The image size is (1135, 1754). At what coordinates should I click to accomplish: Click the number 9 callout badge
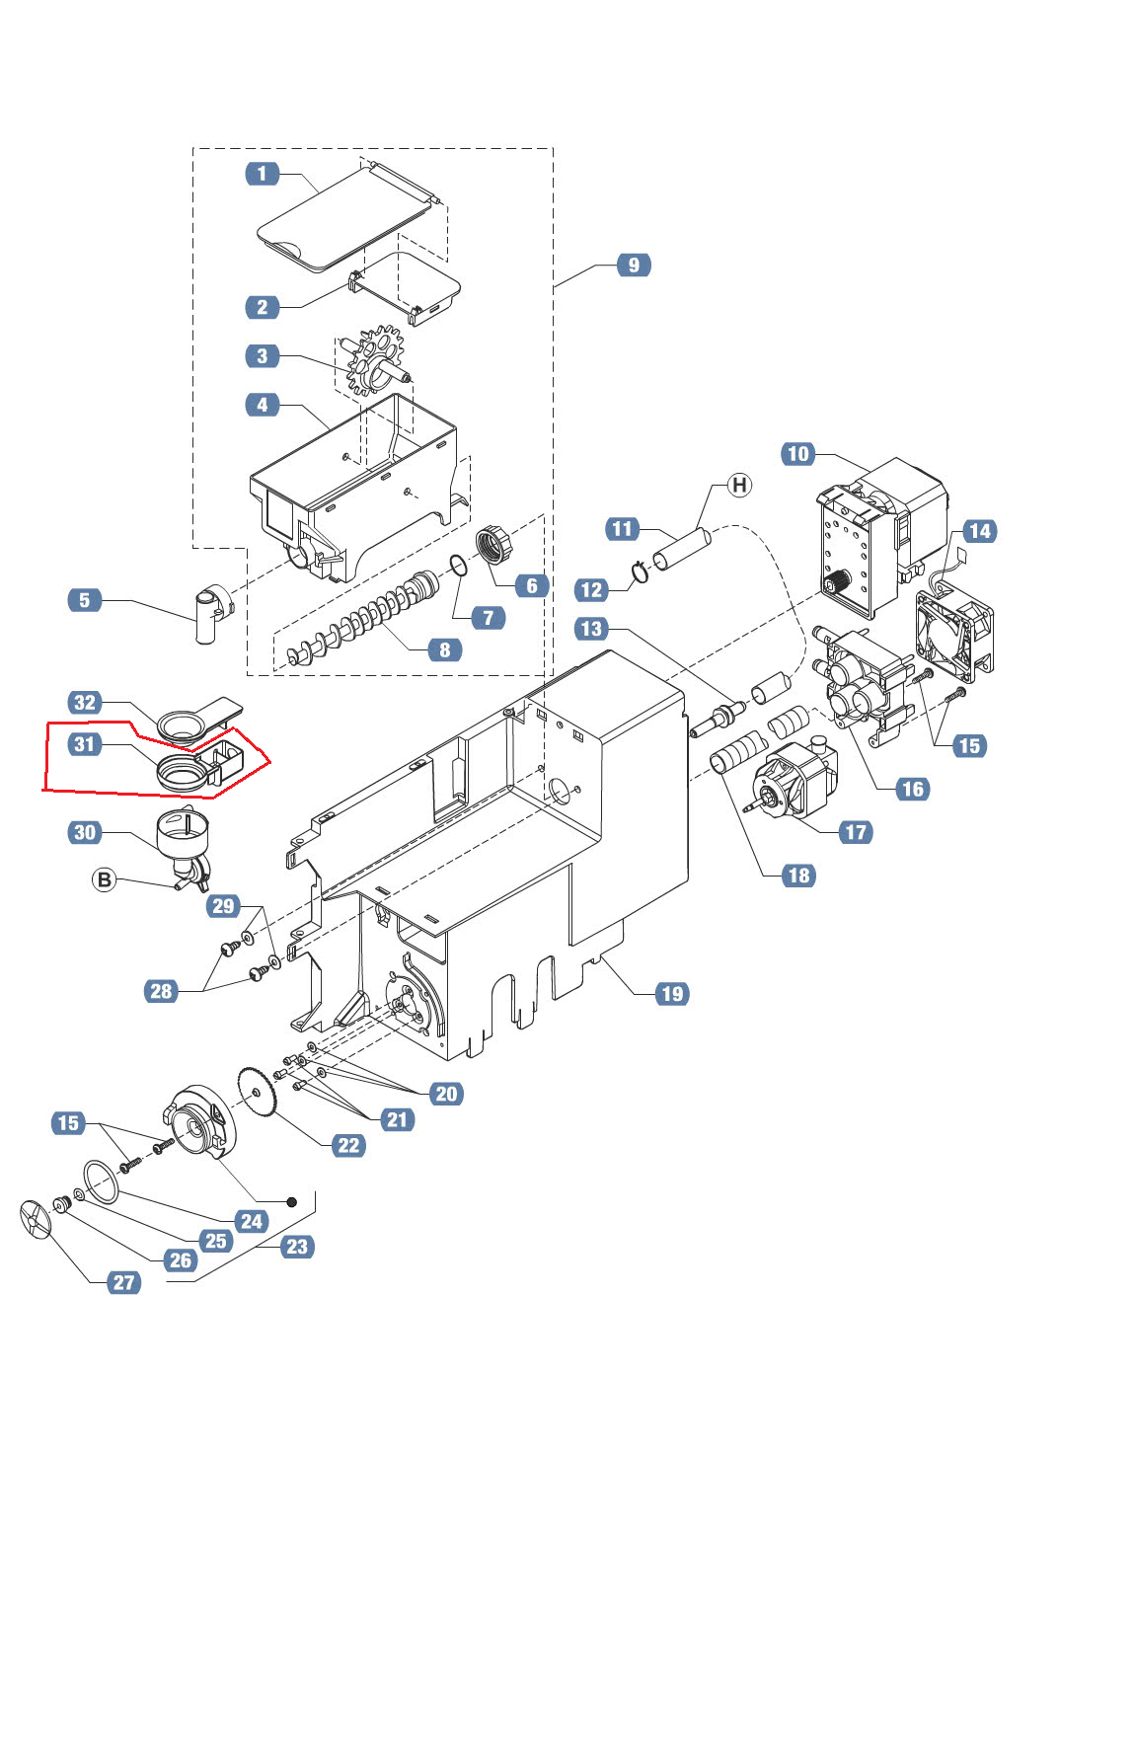634,265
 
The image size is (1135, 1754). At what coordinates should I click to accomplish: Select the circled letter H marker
739,485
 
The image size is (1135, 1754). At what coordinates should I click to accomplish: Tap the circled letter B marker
105,879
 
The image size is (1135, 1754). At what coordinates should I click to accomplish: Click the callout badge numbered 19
672,993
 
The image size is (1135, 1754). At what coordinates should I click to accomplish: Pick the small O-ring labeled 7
458,565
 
